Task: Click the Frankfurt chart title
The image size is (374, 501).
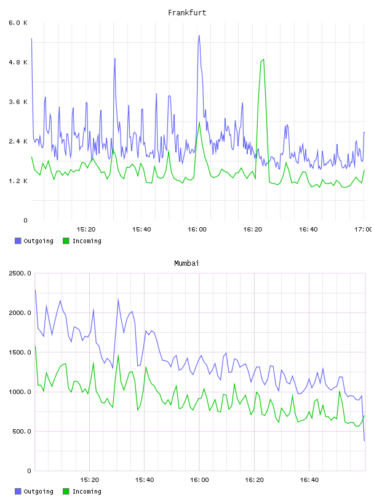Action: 187,13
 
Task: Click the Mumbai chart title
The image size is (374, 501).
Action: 186,263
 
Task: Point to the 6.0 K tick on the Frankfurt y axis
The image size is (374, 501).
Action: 18,23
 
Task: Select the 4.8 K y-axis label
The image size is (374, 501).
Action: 18,62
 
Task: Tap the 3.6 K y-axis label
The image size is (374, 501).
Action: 18,102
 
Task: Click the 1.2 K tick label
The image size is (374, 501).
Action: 18,181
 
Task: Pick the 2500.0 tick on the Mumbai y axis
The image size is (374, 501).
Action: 20,273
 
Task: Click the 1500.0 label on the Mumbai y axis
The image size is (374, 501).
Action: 20,352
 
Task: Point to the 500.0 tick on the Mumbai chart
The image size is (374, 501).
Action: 22,432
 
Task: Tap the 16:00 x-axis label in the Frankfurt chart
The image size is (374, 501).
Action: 197,230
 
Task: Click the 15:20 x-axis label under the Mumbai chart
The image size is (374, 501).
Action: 89,480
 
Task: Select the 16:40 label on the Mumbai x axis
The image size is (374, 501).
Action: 309,480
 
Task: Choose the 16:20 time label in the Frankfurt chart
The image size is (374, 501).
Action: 253,230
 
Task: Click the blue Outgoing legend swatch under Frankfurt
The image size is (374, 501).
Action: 18,241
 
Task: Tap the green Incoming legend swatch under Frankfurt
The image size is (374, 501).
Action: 66,241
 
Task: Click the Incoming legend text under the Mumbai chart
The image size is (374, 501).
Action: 87,491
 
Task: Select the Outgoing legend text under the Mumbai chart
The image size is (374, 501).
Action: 38,491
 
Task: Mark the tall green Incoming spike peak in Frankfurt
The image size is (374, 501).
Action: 263,60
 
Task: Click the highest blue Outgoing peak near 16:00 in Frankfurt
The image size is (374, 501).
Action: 199,36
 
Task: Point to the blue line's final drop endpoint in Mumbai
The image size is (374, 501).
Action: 364,441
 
